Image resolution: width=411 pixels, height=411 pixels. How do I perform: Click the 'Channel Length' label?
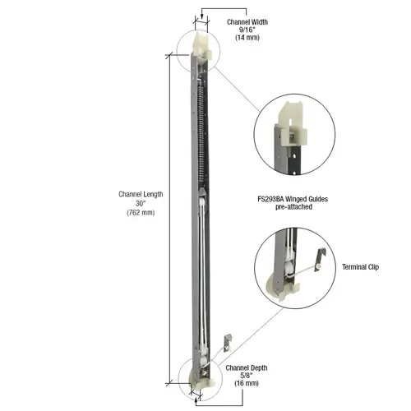[141, 194]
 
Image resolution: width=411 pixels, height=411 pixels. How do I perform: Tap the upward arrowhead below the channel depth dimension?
[196, 395]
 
